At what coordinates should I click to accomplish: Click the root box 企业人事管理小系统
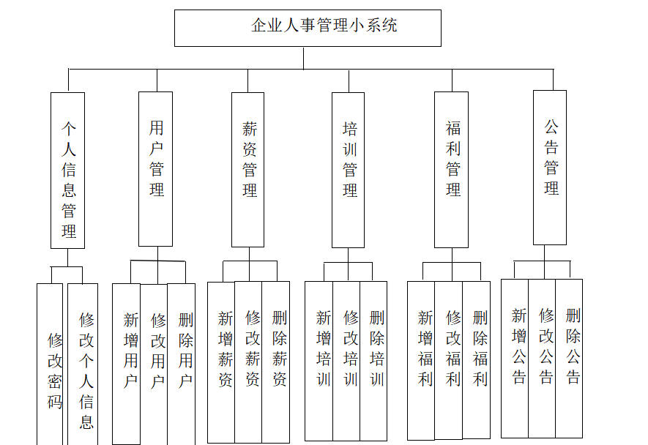(308, 28)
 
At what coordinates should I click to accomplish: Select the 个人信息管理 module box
(67, 170)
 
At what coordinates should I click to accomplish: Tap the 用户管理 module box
(156, 168)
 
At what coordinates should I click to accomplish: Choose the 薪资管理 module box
(247, 170)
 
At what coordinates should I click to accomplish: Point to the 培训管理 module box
(348, 170)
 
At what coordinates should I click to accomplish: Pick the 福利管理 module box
(451, 170)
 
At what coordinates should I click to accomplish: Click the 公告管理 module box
(549, 167)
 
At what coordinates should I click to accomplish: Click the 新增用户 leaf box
(127, 362)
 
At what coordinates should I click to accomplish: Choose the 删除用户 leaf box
(182, 362)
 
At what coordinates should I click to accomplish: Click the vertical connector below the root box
(303, 58)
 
